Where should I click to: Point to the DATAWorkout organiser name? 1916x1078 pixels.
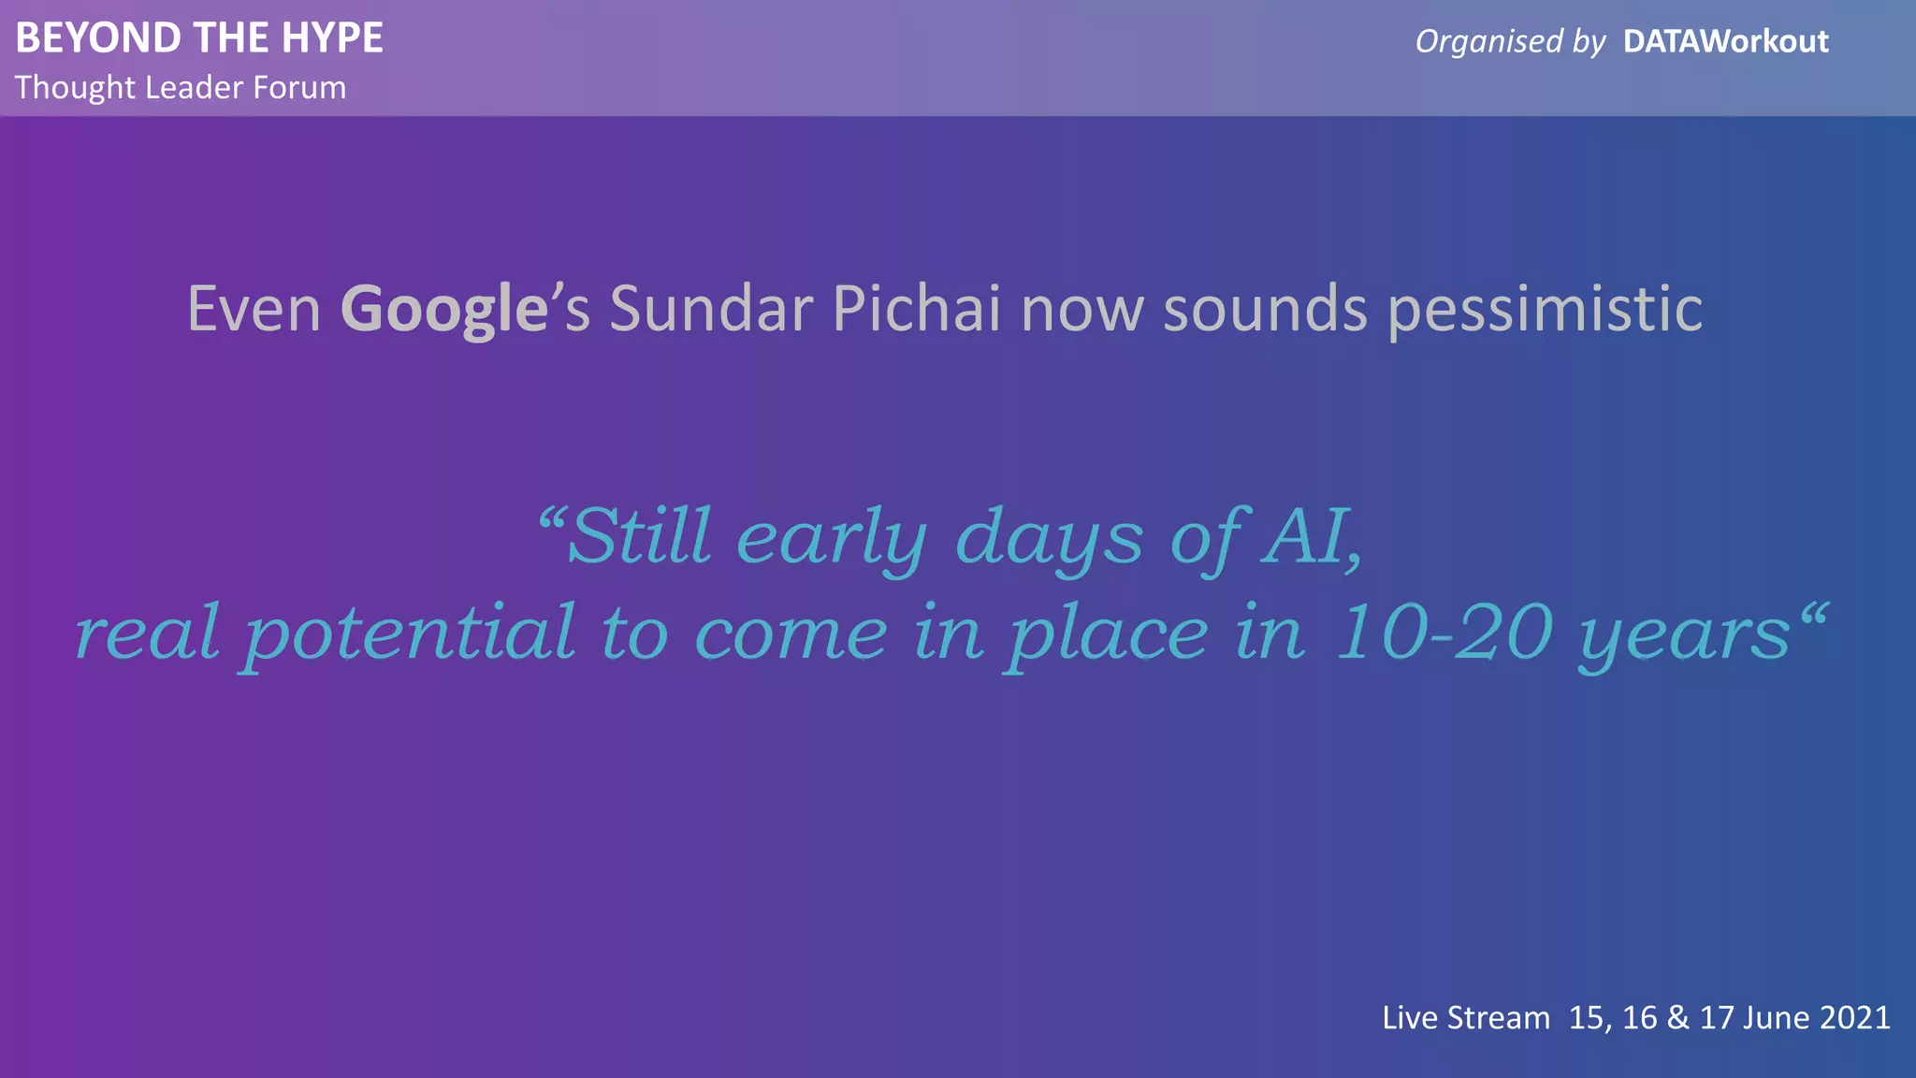click(x=1725, y=41)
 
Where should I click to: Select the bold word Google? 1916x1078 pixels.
click(x=443, y=309)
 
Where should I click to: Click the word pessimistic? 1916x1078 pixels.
click(x=1545, y=309)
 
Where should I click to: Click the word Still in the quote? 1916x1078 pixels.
click(x=640, y=536)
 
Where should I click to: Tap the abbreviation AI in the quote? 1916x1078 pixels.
click(x=1304, y=536)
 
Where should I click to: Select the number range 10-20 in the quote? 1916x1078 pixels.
click(x=1444, y=634)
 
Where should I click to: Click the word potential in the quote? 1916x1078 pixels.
click(x=410, y=634)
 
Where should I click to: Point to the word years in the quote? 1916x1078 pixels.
click(x=1684, y=634)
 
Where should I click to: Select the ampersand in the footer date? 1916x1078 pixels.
click(x=1678, y=1017)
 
